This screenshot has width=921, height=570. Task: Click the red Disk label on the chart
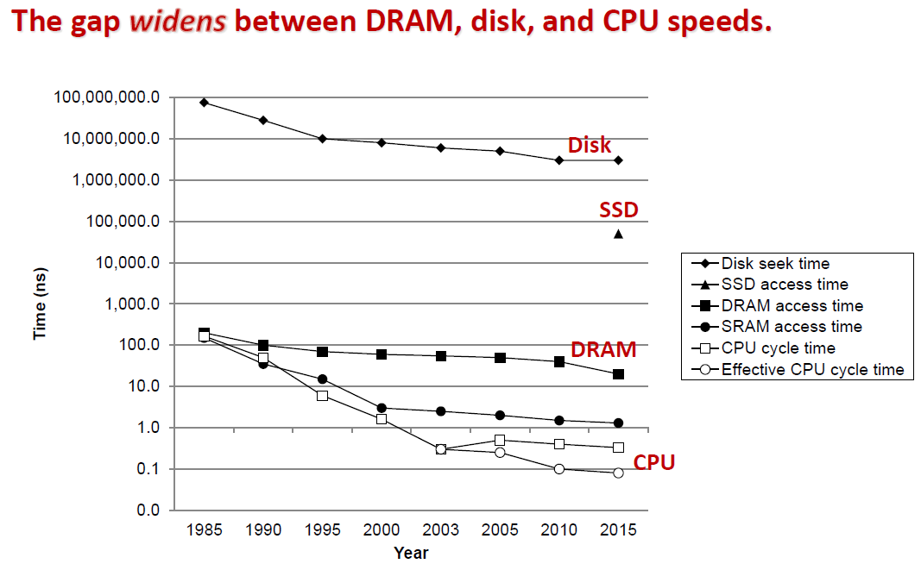point(590,146)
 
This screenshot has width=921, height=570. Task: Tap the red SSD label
point(619,210)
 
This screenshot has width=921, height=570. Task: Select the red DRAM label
point(603,349)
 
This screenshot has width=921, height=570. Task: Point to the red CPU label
point(654,463)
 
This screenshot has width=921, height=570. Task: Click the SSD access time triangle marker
point(618,234)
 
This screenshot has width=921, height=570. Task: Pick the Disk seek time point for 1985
point(204,102)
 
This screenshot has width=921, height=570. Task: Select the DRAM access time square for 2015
point(618,374)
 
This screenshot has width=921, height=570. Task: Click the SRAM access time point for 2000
point(382,408)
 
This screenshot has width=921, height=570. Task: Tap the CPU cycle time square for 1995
point(322,396)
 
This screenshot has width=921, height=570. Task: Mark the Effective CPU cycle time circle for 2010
point(559,469)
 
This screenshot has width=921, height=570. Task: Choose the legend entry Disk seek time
point(775,264)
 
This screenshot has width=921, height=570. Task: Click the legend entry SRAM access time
point(791,327)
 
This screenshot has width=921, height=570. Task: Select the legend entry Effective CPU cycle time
point(812,370)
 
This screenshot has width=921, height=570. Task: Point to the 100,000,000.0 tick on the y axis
point(107,97)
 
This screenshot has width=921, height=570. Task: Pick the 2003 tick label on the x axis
point(440,530)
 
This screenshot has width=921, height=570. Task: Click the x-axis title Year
point(411,553)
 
